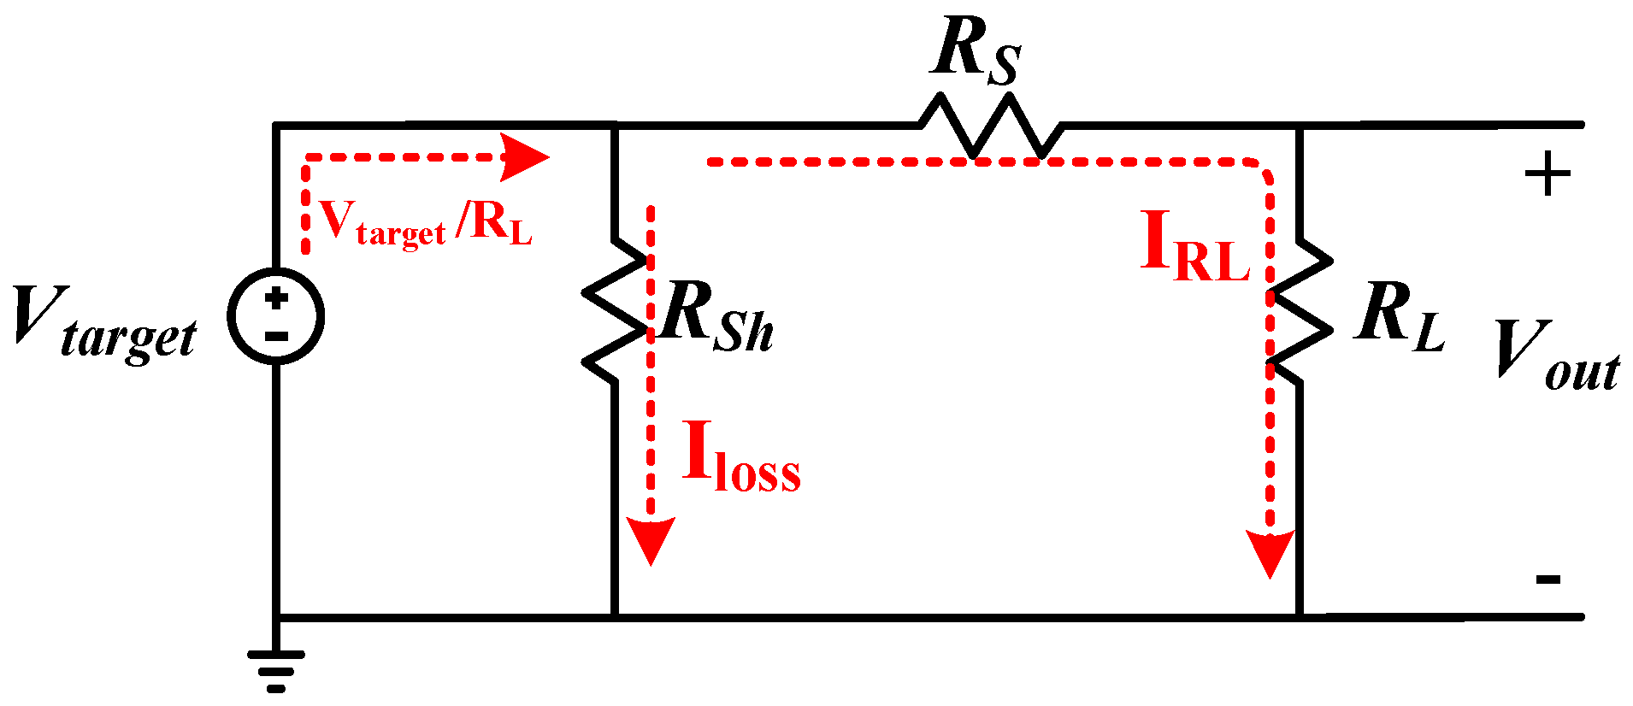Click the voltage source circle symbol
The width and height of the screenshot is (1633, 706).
tap(275, 316)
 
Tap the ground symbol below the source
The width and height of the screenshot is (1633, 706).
tap(275, 669)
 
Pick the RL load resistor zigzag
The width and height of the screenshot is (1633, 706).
tap(1300, 312)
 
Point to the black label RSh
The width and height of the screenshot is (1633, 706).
tap(716, 318)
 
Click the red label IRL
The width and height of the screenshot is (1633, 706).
tap(1195, 248)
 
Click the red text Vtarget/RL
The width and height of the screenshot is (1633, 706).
tap(426, 224)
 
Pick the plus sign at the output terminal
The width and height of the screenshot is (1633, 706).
tap(1548, 175)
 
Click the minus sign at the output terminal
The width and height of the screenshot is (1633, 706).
tap(1548, 580)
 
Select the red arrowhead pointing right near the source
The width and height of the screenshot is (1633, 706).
tap(523, 157)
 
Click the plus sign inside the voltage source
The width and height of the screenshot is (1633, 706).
tap(275, 298)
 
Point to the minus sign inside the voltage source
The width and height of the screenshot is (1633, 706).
tap(275, 337)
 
